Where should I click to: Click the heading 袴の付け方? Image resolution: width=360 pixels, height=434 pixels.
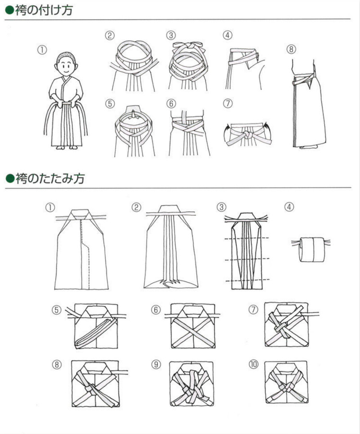pyautogui.click(x=43, y=10)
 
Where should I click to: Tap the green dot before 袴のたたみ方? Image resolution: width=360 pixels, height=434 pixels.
pyautogui.click(x=9, y=179)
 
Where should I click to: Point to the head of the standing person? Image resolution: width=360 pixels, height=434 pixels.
pyautogui.click(x=66, y=63)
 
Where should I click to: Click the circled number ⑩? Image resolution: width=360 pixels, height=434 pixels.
pyautogui.click(x=253, y=364)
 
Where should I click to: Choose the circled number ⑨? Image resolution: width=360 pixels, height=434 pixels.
pyautogui.click(x=156, y=364)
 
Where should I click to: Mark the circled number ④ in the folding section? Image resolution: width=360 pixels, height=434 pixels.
pyautogui.click(x=289, y=207)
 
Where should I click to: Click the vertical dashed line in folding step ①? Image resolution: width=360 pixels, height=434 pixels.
pyautogui.click(x=88, y=252)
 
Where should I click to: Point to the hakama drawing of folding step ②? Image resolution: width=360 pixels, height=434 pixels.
pyautogui.click(x=171, y=247)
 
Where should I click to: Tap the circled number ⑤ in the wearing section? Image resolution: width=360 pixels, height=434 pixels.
pyautogui.click(x=110, y=104)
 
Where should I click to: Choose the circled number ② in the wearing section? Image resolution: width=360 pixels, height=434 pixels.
pyautogui.click(x=110, y=35)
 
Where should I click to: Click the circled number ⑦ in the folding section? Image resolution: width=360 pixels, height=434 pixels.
pyautogui.click(x=253, y=310)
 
